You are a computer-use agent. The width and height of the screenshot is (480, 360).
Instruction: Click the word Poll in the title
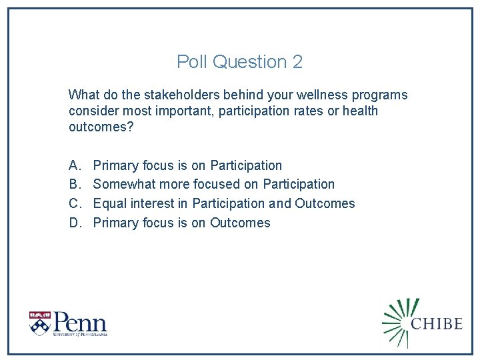(x=192, y=62)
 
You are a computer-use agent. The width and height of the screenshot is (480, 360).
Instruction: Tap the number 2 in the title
(x=297, y=62)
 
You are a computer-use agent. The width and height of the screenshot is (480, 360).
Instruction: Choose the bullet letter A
(x=73, y=165)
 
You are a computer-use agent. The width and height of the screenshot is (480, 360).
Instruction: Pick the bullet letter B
(x=73, y=185)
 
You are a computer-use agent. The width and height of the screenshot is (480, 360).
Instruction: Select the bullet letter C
(x=73, y=204)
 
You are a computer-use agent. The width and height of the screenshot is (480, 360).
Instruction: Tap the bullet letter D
(x=73, y=223)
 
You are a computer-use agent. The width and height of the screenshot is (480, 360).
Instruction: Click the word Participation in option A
(x=246, y=165)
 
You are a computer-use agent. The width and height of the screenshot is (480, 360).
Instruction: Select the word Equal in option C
(x=109, y=204)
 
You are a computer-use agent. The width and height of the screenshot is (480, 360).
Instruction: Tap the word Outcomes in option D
(x=240, y=223)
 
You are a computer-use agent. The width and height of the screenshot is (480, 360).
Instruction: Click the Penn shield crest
(x=39, y=323)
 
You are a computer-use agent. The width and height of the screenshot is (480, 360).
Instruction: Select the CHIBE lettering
(x=437, y=324)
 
